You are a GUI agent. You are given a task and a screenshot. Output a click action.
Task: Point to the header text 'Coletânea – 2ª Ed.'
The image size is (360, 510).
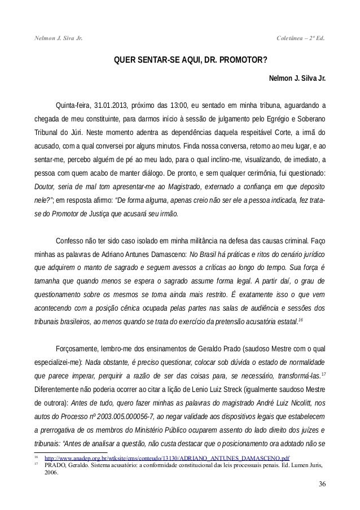302,38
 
